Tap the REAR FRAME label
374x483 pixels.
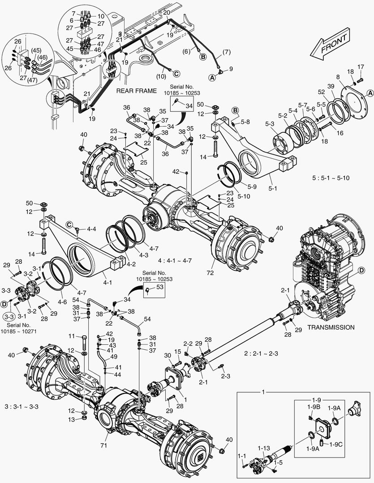click(x=137, y=91)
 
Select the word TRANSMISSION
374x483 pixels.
click(x=331, y=327)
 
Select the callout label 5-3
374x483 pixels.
click(x=270, y=123)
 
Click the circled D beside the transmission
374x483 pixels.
click(x=364, y=271)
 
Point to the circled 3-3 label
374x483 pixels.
click(x=9, y=316)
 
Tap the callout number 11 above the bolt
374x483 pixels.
click(x=71, y=336)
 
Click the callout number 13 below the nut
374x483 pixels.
click(x=71, y=419)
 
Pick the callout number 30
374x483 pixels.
click(x=168, y=355)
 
